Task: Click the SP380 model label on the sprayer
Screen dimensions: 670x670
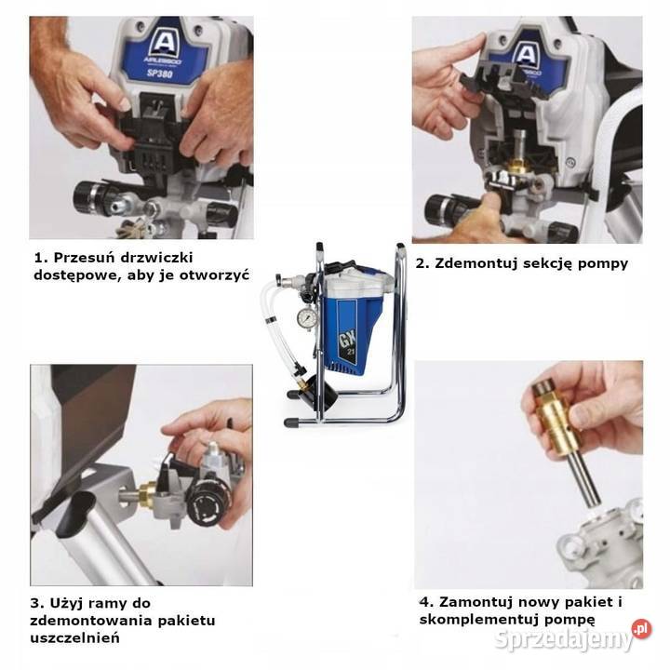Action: (x=160, y=74)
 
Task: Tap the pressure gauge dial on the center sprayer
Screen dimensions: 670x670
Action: (x=307, y=317)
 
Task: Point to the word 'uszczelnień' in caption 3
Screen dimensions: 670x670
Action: (x=74, y=638)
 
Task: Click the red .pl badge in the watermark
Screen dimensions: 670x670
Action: (x=642, y=629)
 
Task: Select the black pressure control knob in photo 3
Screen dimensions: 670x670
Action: (x=206, y=505)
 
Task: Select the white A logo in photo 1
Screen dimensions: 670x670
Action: (x=164, y=42)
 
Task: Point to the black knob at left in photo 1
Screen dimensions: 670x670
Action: (x=89, y=197)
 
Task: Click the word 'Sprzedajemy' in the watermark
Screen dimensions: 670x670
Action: (x=563, y=639)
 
